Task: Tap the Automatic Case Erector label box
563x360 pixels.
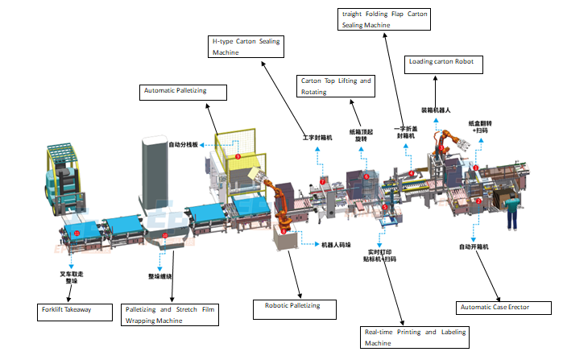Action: point(503,307)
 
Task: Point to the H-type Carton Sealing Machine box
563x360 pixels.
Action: point(246,46)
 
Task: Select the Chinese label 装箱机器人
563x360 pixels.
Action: point(437,110)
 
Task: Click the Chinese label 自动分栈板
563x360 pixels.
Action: point(184,145)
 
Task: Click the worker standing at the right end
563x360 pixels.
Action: point(511,211)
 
